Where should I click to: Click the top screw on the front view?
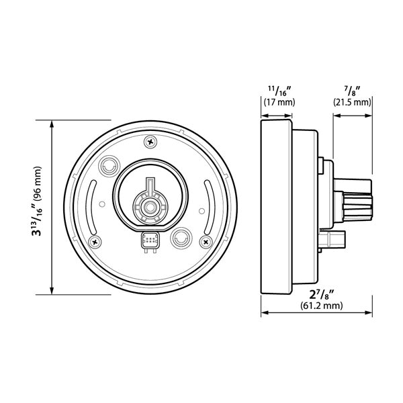click(150, 141)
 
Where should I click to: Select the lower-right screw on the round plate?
click(204, 239)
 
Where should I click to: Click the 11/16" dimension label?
click(277, 90)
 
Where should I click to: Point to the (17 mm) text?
click(277, 103)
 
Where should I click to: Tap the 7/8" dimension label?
click(351, 90)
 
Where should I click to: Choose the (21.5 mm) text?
click(352, 103)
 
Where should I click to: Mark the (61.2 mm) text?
click(321, 306)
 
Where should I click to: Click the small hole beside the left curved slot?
click(101, 204)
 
